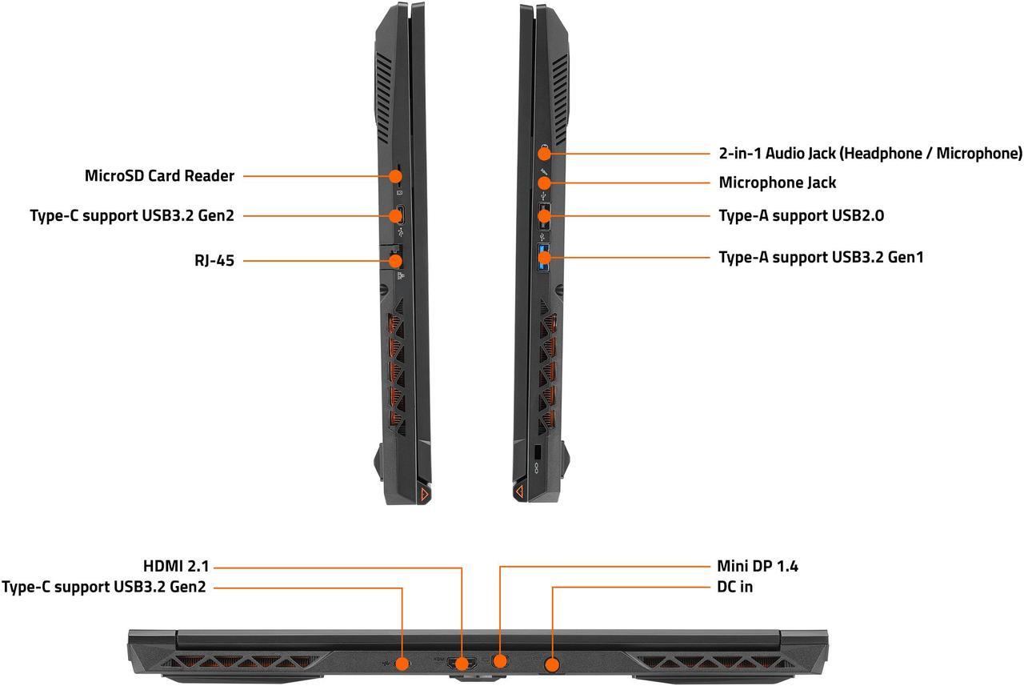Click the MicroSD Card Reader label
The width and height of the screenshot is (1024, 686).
pyautogui.click(x=159, y=175)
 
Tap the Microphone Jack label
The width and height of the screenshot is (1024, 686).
pyautogui.click(x=777, y=183)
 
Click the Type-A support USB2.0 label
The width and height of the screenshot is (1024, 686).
pyautogui.click(x=801, y=215)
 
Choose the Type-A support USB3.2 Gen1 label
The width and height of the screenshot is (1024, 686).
pyautogui.click(x=821, y=257)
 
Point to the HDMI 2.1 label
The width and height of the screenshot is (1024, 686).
pyautogui.click(x=175, y=567)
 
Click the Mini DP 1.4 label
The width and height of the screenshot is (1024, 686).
pyautogui.click(x=757, y=567)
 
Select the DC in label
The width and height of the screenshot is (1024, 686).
pyautogui.click(x=734, y=587)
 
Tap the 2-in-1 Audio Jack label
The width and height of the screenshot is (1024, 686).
pyautogui.click(x=870, y=153)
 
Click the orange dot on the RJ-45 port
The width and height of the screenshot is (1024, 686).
pyautogui.click(x=396, y=259)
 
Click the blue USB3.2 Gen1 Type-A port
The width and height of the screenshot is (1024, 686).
pyautogui.click(x=545, y=257)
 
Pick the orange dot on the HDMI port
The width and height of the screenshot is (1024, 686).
pyautogui.click(x=462, y=664)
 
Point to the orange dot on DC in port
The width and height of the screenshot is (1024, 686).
pyautogui.click(x=552, y=664)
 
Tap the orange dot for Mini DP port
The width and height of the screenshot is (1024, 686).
pyautogui.click(x=501, y=661)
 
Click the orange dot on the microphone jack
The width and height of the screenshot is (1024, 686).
pyautogui.click(x=544, y=183)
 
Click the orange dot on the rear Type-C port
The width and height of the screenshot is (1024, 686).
pyautogui.click(x=403, y=663)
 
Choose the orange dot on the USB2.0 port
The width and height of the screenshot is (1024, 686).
pyautogui.click(x=544, y=215)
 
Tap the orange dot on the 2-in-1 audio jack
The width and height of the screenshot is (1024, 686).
pyautogui.click(x=544, y=153)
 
